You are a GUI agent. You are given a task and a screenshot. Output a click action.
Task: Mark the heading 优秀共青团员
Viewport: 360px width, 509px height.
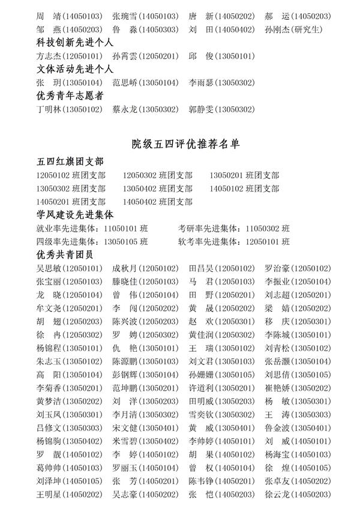coord(62,254)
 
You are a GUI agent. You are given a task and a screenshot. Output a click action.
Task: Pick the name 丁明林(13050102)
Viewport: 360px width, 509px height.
coord(69,109)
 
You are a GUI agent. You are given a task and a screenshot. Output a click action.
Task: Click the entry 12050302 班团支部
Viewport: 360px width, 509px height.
coord(157,175)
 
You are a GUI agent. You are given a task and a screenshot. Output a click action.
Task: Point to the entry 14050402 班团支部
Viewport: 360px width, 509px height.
coord(157,202)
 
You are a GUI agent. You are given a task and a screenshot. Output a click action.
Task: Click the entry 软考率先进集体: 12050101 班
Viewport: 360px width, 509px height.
coord(234,242)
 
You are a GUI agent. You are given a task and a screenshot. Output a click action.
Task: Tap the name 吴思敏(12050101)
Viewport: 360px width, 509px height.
coord(69,268)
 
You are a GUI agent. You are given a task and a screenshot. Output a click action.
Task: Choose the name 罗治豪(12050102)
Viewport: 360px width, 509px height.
coord(298,268)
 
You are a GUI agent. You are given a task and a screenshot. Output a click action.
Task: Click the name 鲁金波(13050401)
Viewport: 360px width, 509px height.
coord(298,428)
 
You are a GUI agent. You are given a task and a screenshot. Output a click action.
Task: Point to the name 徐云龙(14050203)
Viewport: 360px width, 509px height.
coord(298,495)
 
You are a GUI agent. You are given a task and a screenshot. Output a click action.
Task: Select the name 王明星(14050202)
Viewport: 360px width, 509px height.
coord(69,495)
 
